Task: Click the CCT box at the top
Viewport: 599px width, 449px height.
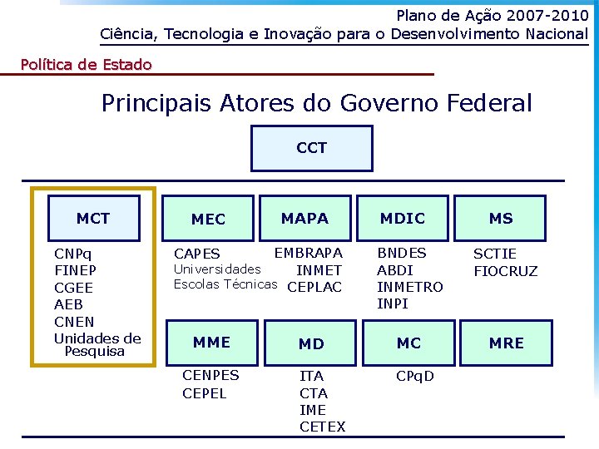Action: [x=312, y=148]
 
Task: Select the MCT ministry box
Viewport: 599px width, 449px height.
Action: [x=93, y=219]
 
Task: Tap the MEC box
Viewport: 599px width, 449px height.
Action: [x=208, y=220]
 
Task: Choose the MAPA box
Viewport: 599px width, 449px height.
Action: [x=304, y=219]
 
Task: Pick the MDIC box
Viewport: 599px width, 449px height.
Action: [x=403, y=219]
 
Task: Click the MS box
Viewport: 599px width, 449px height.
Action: [x=501, y=219]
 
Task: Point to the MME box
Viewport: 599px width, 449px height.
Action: [x=211, y=342]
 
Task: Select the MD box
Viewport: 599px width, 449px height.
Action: [x=311, y=343]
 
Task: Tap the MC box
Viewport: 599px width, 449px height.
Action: [x=408, y=343]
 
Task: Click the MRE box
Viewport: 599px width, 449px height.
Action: [x=507, y=343]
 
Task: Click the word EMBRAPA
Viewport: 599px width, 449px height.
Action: [x=308, y=253]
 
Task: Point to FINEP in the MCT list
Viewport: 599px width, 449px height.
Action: [x=75, y=270]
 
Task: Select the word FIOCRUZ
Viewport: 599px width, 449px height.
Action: [x=506, y=270]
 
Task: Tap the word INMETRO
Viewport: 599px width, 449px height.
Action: [x=410, y=287]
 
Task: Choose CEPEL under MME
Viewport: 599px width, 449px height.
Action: [x=205, y=392]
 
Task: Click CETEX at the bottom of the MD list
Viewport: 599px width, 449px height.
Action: [x=322, y=427]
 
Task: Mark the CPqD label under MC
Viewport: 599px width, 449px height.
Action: [x=415, y=376]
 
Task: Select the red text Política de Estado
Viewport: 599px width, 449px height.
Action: [x=86, y=64]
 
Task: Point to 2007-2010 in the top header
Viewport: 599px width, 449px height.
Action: [x=538, y=15]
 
